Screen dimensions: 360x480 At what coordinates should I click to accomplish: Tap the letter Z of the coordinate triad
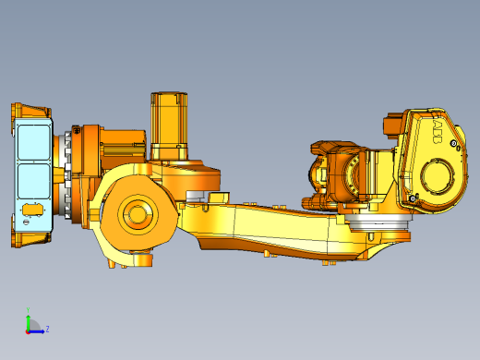(x=47, y=328)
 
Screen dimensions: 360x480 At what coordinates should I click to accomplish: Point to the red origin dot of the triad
(x=28, y=329)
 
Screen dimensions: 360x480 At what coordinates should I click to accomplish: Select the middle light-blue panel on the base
(x=34, y=181)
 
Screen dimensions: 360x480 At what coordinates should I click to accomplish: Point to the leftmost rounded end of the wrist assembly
(x=317, y=171)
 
